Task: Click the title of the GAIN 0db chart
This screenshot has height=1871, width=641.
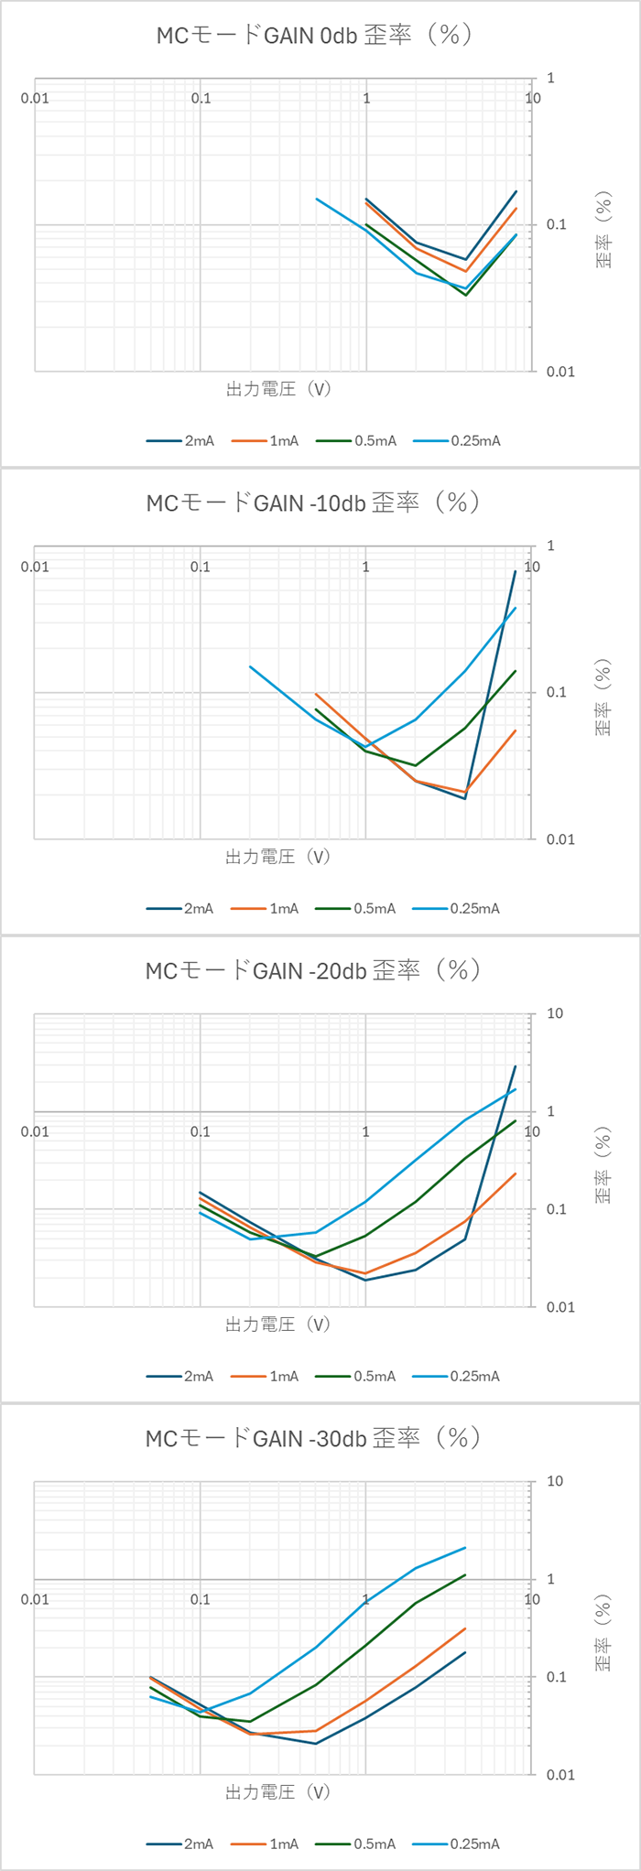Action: tap(314, 35)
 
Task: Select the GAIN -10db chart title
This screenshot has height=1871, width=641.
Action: tap(314, 503)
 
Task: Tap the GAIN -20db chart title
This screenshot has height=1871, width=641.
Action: tap(314, 970)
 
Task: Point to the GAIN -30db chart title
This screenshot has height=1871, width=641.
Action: tap(314, 1438)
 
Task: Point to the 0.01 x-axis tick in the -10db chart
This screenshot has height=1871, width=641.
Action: tap(35, 567)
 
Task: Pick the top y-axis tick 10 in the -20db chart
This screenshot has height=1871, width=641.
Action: tap(554, 1013)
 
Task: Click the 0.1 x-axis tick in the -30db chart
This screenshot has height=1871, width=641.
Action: tap(200, 1600)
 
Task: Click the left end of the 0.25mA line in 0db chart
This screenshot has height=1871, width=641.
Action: tap(317, 199)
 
